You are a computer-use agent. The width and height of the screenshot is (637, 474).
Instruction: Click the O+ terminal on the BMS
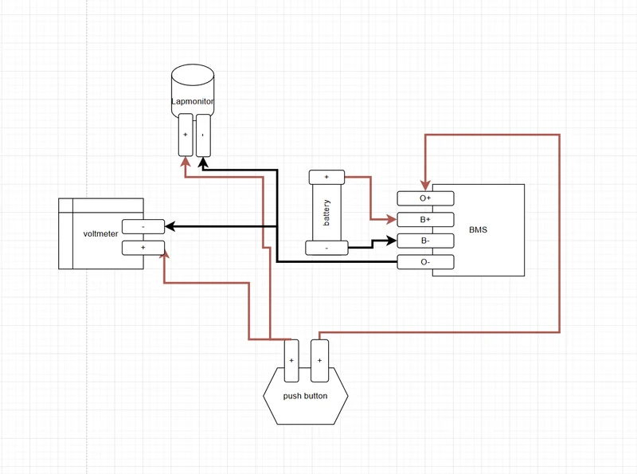[425, 198]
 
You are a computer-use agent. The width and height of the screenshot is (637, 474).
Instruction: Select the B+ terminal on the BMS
[425, 220]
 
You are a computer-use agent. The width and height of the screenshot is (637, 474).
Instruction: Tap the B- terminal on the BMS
[425, 241]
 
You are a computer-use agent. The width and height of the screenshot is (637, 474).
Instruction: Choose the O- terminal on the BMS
[425, 262]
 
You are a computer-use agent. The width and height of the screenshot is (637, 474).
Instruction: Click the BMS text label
[478, 229]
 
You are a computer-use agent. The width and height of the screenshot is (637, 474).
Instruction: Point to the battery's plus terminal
[326, 177]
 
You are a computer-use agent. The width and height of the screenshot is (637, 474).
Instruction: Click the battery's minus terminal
[326, 248]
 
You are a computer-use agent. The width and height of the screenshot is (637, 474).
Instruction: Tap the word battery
[326, 213]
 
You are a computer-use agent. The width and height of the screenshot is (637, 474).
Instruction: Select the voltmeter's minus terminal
[143, 226]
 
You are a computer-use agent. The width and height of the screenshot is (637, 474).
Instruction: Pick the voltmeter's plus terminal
[143, 248]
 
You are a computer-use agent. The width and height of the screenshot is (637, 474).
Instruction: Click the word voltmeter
[100, 233]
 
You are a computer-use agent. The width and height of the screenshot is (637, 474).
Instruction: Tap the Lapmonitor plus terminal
[186, 135]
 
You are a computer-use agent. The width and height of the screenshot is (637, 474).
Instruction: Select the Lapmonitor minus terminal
[203, 135]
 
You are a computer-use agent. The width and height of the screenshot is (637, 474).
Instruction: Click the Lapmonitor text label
[192, 101]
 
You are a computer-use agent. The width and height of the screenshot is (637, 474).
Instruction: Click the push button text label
[305, 396]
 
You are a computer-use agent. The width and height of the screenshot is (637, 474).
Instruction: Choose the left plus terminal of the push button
[291, 361]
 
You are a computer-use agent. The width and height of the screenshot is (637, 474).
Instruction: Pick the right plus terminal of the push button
[320, 361]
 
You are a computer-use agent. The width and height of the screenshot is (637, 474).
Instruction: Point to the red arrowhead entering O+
[425, 186]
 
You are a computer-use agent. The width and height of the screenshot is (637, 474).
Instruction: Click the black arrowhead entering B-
[392, 241]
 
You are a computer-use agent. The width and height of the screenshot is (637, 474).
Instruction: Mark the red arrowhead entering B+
[392, 220]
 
